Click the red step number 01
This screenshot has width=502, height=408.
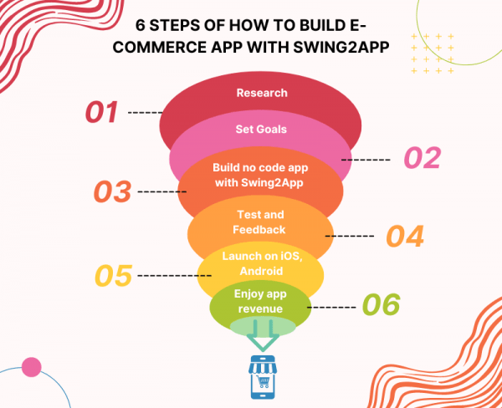[x=101, y=112]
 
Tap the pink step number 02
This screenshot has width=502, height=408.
[x=423, y=158]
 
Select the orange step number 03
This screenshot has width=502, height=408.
[x=112, y=191]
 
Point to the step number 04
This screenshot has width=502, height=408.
[x=405, y=236]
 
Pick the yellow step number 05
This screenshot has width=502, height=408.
[x=114, y=276]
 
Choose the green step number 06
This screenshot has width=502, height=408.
[x=381, y=304]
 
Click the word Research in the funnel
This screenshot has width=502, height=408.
[x=262, y=93]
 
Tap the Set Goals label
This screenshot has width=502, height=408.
[x=261, y=130]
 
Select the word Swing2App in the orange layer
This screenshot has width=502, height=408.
[x=272, y=183]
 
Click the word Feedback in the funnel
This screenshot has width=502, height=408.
[x=259, y=229]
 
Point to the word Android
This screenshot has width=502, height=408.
[x=261, y=271]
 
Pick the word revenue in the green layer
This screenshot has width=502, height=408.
[x=260, y=309]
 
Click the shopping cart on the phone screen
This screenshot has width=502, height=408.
[x=264, y=382]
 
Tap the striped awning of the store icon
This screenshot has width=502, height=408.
[x=263, y=368]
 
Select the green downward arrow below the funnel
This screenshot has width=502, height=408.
[x=263, y=335]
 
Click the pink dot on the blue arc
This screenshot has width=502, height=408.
[x=32, y=367]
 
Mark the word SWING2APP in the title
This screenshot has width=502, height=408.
[x=341, y=48]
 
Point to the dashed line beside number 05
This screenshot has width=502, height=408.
[x=175, y=276]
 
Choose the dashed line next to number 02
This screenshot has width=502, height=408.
[x=366, y=160]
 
